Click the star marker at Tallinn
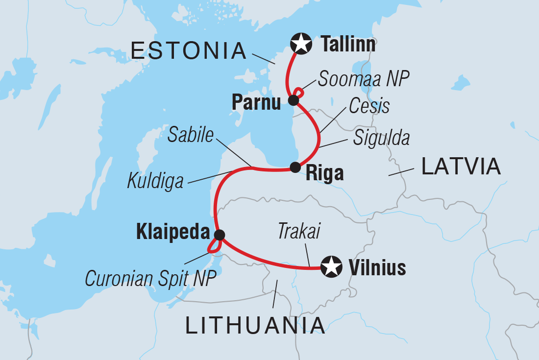click(301, 44)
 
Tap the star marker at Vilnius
click(331, 267)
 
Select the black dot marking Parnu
click(293, 100)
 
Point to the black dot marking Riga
click(295, 168)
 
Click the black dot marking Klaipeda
click(219, 235)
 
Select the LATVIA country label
click(461, 167)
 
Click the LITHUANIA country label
click(255, 325)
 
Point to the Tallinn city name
click(348, 45)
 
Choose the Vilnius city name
click(377, 267)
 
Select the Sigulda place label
click(381, 139)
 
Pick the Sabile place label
click(191, 136)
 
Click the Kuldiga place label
click(155, 181)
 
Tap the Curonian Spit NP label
click(150, 278)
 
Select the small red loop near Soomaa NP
click(298, 93)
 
